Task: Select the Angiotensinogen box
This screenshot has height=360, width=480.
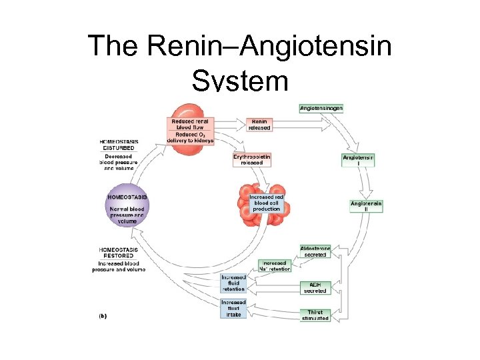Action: pyautogui.click(x=321, y=108)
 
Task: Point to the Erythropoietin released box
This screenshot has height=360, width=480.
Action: pyautogui.click(x=252, y=159)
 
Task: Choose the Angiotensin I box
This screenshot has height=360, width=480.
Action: pyautogui.click(x=358, y=161)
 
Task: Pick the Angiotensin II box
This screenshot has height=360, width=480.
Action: pyautogui.click(x=366, y=206)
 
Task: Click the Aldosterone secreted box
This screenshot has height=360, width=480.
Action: pyautogui.click(x=315, y=251)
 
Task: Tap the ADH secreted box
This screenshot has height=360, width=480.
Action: pyautogui.click(x=315, y=287)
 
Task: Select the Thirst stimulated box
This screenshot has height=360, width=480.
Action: pyautogui.click(x=315, y=315)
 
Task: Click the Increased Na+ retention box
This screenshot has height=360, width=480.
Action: pyautogui.click(x=275, y=266)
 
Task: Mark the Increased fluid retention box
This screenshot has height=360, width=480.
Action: pyautogui.click(x=233, y=283)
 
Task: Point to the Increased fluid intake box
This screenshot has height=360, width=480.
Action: pyautogui.click(x=233, y=309)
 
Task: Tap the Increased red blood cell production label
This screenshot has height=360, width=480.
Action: pyautogui.click(x=266, y=203)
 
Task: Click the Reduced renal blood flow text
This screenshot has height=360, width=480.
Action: pyautogui.click(x=191, y=125)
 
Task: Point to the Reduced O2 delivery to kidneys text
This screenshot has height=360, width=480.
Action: pyautogui.click(x=191, y=138)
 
